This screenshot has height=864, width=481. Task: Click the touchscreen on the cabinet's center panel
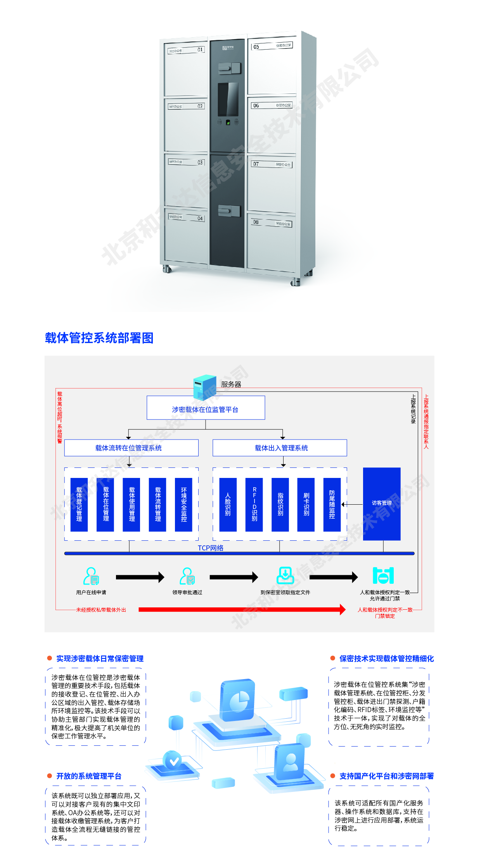(228, 99)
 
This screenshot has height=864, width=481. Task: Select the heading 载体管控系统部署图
(99, 338)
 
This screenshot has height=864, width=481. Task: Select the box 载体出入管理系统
(280, 448)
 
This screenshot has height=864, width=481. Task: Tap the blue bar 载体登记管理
(79, 504)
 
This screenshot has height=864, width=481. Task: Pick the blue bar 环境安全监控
(184, 504)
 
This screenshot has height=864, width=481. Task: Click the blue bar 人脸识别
(228, 504)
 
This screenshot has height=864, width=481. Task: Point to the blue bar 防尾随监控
(332, 504)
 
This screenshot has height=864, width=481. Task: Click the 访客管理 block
(382, 504)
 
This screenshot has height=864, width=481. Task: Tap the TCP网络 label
(211, 548)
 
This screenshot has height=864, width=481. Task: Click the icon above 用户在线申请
(91, 576)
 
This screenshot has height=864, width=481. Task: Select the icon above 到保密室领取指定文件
(285, 576)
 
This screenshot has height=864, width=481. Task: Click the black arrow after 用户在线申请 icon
(140, 577)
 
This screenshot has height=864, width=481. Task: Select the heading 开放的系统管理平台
(89, 776)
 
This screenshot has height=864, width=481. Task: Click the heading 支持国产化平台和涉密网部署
(386, 776)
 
